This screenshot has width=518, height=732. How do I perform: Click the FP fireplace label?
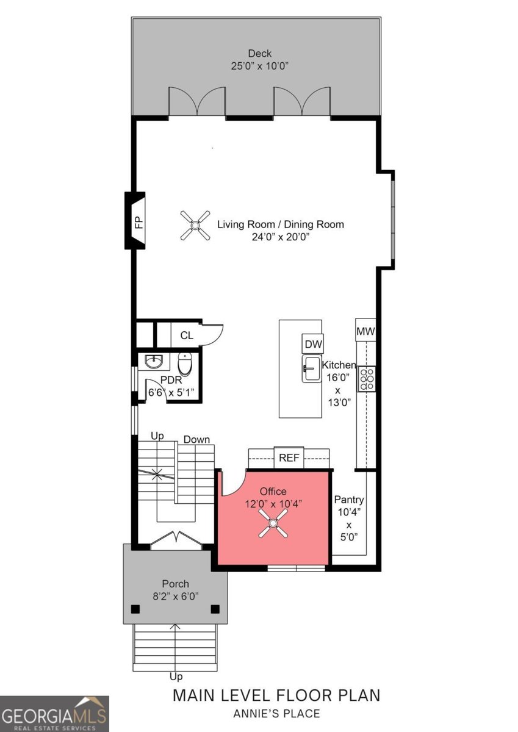[139, 223]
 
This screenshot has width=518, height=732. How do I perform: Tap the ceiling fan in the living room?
[195, 226]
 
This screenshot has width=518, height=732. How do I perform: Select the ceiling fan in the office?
[273, 523]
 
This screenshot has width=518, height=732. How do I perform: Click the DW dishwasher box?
[313, 344]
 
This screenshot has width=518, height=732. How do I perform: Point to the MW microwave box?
[365, 331]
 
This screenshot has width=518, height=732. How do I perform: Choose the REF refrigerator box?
[289, 458]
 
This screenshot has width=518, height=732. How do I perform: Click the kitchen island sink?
[312, 368]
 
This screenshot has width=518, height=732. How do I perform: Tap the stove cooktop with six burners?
[367, 379]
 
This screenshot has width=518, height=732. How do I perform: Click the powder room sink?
[154, 362]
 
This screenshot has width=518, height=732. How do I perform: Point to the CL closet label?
[187, 335]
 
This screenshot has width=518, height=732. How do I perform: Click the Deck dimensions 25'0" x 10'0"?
[260, 66]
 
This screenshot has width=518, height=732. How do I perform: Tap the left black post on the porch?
[135, 609]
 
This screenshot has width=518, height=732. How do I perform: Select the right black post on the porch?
[215, 609]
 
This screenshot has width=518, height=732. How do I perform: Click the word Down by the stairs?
[196, 440]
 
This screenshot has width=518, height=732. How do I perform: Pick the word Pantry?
[349, 500]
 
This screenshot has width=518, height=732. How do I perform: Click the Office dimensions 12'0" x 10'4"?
[273, 504]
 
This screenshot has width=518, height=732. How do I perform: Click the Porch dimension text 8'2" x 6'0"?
[176, 597]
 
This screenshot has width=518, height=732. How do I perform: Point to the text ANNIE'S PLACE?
[276, 714]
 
